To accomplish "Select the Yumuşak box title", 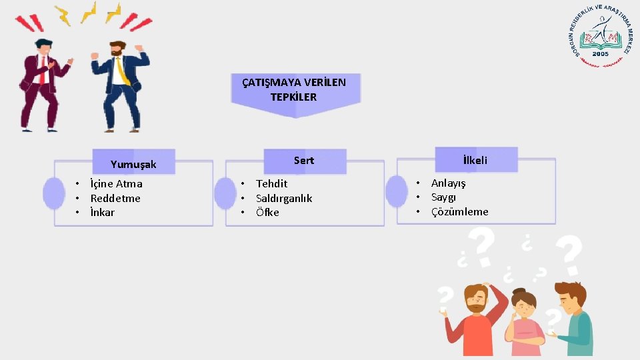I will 133,164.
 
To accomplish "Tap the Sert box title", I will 303,161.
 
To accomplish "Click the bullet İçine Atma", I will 116,184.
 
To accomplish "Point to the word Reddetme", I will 115,199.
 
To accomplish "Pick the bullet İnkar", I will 102,213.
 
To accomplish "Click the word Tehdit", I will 271,184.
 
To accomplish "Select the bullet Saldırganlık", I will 284,199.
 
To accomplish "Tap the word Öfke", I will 267,213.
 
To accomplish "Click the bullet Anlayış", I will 449,183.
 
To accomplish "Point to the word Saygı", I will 443,197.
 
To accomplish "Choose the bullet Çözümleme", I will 459,212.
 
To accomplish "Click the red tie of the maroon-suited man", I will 43,71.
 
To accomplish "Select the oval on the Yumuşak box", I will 53,193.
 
